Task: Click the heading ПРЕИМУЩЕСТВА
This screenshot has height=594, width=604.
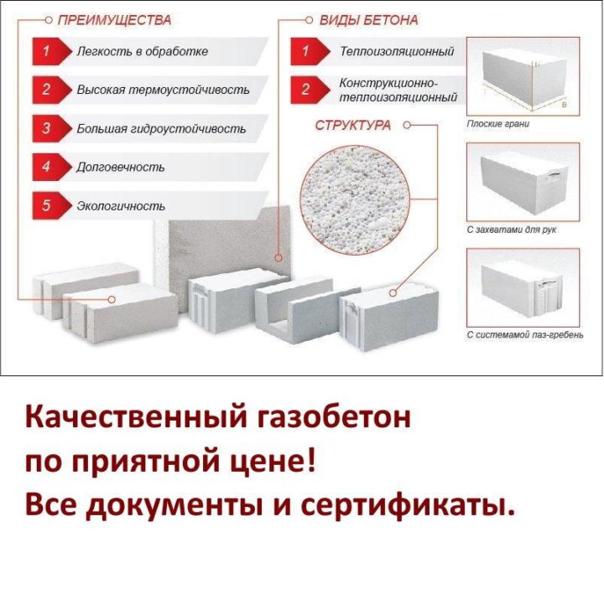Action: (114, 20)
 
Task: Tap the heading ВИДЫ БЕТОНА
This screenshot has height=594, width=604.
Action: (368, 20)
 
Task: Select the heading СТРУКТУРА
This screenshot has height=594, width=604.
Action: (353, 126)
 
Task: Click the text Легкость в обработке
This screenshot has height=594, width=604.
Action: (143, 52)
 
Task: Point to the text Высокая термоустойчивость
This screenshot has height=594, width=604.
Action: (163, 90)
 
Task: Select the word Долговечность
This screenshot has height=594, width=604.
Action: (121, 168)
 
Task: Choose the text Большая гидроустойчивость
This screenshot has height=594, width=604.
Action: (161, 128)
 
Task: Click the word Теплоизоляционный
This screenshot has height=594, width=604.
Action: (397, 52)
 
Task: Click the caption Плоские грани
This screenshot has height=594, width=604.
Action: (497, 124)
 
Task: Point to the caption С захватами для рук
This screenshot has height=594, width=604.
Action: (512, 230)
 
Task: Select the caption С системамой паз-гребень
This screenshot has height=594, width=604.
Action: (525, 335)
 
